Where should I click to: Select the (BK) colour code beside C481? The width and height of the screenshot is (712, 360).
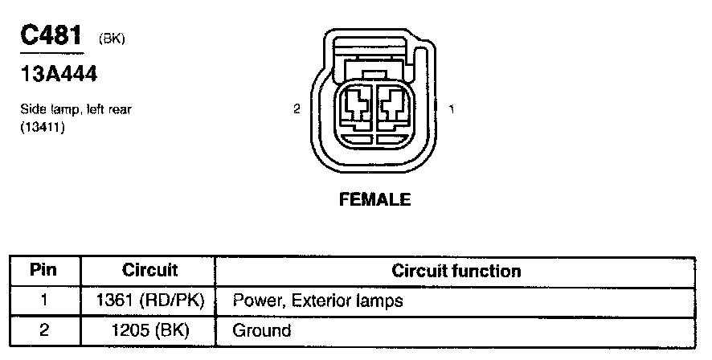[111, 39]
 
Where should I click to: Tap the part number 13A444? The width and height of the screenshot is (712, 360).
[59, 75]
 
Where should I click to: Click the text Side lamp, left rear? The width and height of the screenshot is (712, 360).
[76, 110]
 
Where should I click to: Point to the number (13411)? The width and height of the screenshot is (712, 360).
[42, 126]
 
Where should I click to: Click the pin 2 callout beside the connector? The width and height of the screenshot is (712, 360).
[297, 109]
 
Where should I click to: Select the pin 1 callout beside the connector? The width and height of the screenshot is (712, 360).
[452, 109]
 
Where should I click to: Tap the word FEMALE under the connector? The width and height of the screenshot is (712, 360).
[374, 199]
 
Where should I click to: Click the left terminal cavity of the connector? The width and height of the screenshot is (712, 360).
[356, 108]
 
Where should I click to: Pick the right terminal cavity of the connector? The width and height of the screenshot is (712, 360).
[394, 108]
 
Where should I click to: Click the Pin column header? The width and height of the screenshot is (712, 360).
[43, 271]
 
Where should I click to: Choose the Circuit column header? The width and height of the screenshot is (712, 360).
[149, 271]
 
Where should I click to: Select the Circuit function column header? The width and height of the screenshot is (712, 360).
[456, 271]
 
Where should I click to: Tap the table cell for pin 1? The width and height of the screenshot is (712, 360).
[43, 301]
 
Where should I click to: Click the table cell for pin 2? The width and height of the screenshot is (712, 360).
[43, 329]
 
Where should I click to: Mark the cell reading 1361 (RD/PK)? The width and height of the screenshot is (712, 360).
[149, 301]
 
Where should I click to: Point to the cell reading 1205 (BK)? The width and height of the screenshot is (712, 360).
[149, 329]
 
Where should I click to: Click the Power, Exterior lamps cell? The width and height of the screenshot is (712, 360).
[317, 301]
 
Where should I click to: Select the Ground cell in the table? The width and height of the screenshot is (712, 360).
[261, 329]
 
